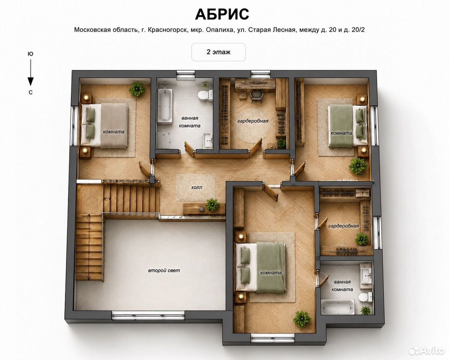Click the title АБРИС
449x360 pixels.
click(x=222, y=14)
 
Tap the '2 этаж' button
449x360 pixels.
click(x=218, y=52)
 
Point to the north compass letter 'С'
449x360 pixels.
click(x=30, y=92)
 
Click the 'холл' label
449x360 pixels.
click(x=197, y=187)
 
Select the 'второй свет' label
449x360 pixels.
click(x=164, y=270)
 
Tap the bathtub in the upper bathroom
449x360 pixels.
click(x=165, y=106)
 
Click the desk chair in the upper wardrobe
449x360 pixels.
click(x=256, y=96)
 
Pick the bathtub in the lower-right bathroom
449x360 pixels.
click(x=337, y=307)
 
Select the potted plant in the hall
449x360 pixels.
click(x=212, y=204)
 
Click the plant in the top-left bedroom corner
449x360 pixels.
click(x=137, y=89)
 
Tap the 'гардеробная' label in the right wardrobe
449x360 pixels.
click(x=343, y=226)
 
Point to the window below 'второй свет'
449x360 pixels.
click(x=148, y=316)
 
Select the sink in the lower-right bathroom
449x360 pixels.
click(x=366, y=276)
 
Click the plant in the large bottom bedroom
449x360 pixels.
click(x=302, y=319)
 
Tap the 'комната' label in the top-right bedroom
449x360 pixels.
click(x=341, y=133)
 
